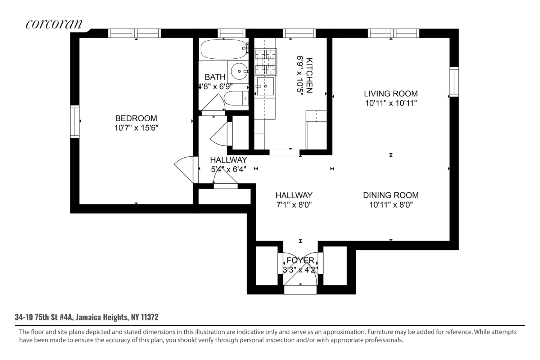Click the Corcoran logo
pos(54,24)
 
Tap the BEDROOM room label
pos(136,118)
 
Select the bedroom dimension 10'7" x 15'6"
pos(136,128)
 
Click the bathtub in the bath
pos(224,49)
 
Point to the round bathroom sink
pos(239,71)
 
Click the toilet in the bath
pos(236,98)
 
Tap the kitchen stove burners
pos(265,62)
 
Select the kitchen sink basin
pos(265,86)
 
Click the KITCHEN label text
pos(309,75)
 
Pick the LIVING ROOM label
pos(391,94)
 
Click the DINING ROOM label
pos(391,195)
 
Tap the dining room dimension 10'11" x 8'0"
pos(391,205)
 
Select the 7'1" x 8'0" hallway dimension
pos(294,205)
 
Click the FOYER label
pos(300,260)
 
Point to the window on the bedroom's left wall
pos(75,122)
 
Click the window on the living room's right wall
pos(454,82)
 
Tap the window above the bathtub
pos(231,33)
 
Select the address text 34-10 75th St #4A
pos(44,317)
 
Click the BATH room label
pos(215,77)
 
